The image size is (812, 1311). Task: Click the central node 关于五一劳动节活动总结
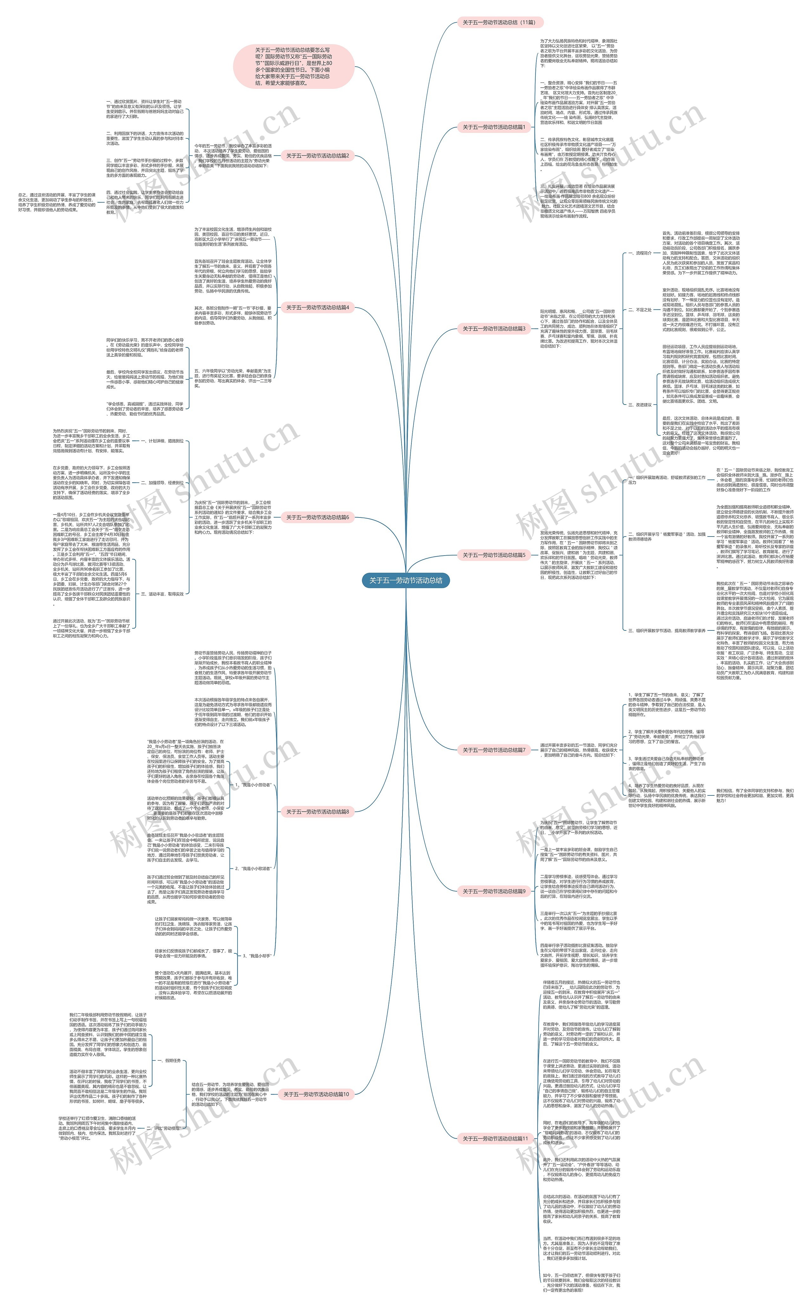[405, 581]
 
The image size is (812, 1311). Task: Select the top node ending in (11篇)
[499, 23]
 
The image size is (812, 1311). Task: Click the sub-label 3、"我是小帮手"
[257, 956]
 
